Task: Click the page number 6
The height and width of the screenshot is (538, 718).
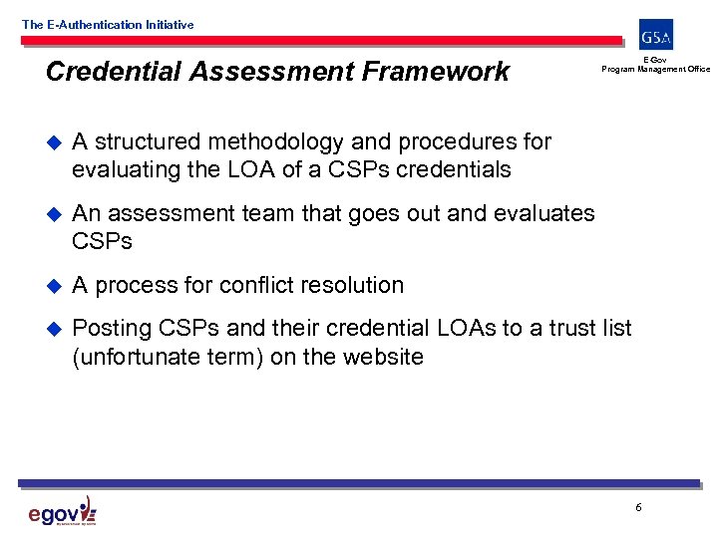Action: (638, 508)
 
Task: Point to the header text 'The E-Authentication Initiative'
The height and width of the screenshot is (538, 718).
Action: (108, 24)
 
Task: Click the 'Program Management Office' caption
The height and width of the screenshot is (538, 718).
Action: (655, 69)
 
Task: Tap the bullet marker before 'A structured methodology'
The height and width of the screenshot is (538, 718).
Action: (53, 142)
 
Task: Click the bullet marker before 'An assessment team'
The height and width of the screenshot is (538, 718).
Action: (53, 214)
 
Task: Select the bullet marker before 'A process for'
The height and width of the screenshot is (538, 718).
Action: (53, 286)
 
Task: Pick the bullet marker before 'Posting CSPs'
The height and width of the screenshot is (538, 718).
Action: (53, 329)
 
